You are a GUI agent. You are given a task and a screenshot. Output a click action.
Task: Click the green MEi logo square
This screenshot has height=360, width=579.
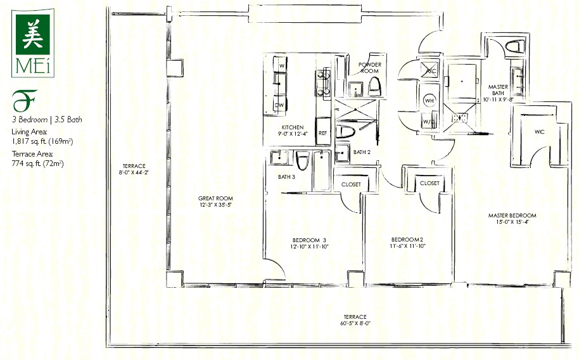tap(33, 34)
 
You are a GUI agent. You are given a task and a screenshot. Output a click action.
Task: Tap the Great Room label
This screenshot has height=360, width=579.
tap(215, 198)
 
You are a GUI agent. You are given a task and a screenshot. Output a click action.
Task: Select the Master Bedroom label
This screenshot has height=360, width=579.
tap(512, 215)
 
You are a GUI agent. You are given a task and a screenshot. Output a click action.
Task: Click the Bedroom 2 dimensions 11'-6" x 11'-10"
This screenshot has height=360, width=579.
tap(408, 246)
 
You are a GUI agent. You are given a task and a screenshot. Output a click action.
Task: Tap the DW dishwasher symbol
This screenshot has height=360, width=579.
tap(279, 105)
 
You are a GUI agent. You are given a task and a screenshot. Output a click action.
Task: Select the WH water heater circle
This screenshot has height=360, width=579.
tap(429, 100)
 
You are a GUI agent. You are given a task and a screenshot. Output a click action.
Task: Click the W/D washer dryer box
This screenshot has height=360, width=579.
tap(428, 121)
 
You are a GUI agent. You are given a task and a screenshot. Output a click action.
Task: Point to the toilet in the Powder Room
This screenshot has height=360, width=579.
tap(374, 87)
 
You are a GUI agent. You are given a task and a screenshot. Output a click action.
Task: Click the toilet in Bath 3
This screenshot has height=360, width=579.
tap(302, 160)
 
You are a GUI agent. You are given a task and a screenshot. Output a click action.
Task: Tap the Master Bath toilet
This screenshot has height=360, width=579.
tap(515, 46)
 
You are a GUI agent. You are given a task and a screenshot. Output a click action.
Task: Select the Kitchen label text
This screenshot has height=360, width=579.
tap(293, 127)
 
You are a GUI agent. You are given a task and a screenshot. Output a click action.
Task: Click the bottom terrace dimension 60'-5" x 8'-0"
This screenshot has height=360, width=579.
tap(355, 323)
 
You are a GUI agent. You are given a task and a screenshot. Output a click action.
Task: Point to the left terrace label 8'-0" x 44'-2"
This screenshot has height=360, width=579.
tap(134, 172)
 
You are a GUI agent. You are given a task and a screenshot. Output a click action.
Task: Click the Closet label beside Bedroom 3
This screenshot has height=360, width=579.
tap(351, 184)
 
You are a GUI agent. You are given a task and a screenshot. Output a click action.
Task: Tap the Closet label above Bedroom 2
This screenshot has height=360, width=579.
tap(429, 183)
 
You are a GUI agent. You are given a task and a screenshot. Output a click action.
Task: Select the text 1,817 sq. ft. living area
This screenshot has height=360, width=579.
tap(42, 141)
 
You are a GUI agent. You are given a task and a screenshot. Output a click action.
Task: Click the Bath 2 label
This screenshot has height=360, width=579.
tap(362, 152)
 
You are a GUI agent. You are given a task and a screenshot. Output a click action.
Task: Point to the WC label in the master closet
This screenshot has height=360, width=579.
tap(539, 132)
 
